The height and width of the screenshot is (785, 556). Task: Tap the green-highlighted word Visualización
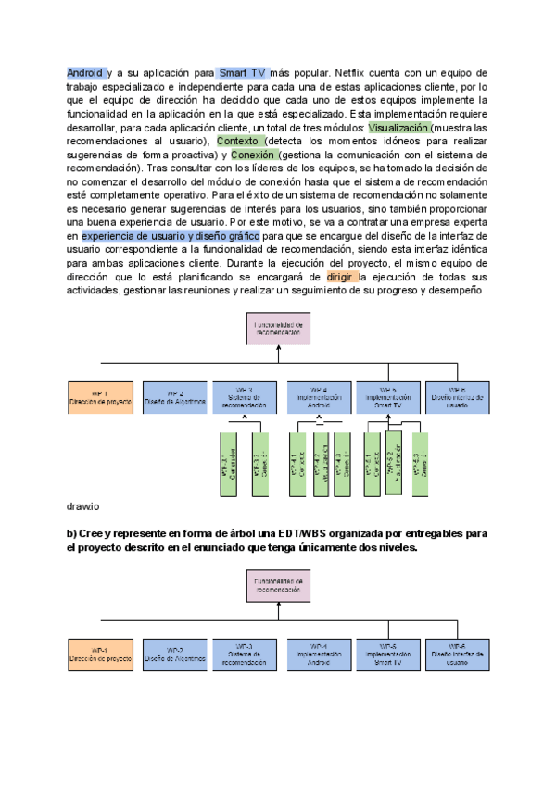coord(398,127)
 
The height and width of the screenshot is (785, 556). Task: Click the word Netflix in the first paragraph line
coord(355,72)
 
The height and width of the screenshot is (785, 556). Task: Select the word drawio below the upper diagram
coord(82,506)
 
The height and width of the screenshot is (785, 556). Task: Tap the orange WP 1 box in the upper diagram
coord(100,396)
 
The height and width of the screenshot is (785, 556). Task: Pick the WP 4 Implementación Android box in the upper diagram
coord(319,396)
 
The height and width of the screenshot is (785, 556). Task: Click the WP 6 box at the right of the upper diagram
coord(456,396)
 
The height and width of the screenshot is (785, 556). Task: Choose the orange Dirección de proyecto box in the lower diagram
coord(100,654)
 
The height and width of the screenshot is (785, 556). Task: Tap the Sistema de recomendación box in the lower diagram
coord(245,654)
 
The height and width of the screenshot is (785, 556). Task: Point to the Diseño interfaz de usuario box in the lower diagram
coord(456,654)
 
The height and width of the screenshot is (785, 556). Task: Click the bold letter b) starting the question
coord(71,534)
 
